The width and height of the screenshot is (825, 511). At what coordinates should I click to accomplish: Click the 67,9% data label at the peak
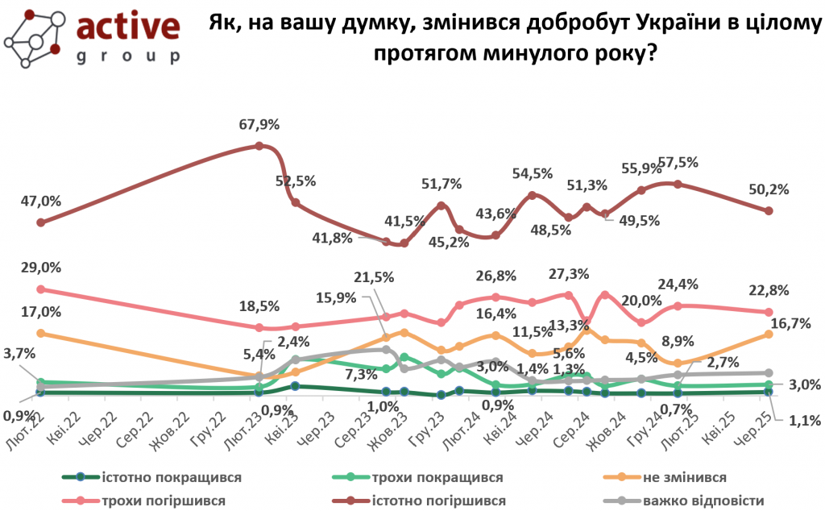(259, 125)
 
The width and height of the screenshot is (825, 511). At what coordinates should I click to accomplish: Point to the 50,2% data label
(769, 190)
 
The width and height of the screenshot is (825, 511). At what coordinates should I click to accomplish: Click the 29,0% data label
(42, 268)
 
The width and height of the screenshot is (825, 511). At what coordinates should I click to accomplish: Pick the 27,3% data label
(568, 273)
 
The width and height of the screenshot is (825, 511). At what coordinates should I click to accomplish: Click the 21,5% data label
(374, 277)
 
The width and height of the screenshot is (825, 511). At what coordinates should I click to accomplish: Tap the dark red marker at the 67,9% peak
(259, 146)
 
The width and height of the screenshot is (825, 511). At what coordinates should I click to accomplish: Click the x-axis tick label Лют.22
(27, 421)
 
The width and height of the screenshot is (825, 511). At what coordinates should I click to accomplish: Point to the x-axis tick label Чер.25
(756, 421)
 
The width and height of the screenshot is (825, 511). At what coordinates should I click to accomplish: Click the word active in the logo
(128, 27)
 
